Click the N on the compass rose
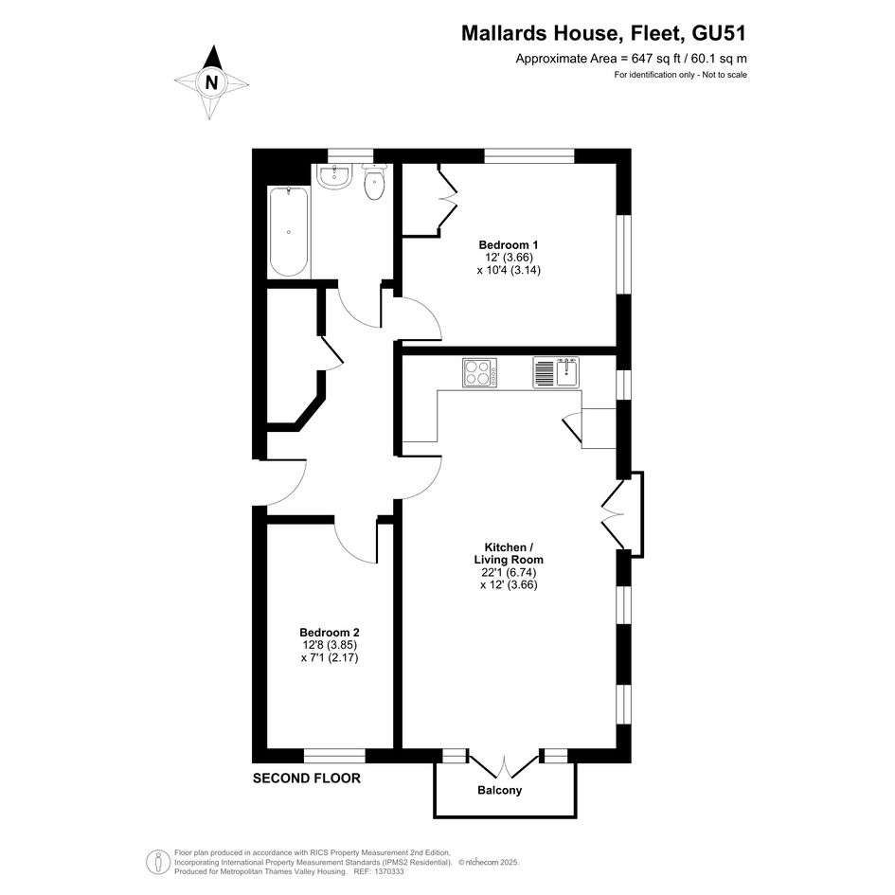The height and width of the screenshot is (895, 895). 212,82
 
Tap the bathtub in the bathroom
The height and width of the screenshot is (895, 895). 289,232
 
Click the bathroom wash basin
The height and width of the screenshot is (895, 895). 334,176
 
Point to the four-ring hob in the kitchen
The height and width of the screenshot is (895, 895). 479,373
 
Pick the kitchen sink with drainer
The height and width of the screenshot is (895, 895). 556,373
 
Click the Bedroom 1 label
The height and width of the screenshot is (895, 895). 509,245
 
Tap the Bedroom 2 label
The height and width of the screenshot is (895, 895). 330,633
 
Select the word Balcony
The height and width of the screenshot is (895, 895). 499,791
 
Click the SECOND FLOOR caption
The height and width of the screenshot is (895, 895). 307,778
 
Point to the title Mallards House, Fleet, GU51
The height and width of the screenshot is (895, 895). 603,34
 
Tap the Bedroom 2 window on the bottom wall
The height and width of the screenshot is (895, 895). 334,756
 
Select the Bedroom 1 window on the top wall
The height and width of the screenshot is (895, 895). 529,156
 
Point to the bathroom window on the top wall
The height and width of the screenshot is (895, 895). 350,156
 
